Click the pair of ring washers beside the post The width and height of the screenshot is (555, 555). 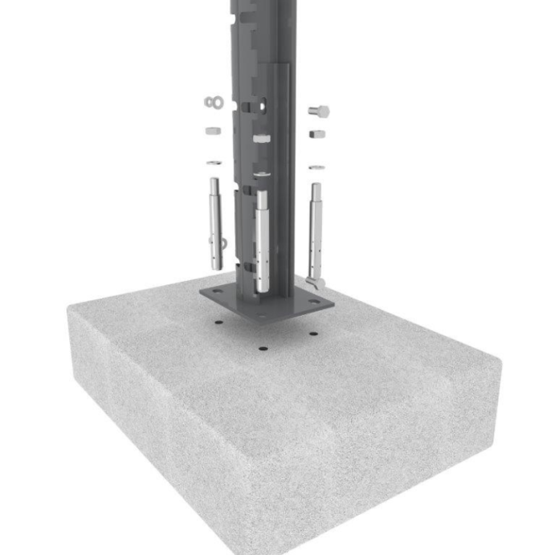[x=213, y=102]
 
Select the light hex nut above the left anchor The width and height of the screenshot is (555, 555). [x=213, y=130]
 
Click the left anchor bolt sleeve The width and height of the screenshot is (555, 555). [x=214, y=221]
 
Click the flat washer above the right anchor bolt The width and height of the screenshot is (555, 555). [x=316, y=166]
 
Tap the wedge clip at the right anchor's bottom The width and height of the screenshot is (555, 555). [x=319, y=281]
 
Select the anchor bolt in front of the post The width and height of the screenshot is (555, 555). [x=262, y=241]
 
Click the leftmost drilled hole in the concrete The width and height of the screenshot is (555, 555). [x=218, y=323]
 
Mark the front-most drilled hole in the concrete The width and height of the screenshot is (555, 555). [x=263, y=349]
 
